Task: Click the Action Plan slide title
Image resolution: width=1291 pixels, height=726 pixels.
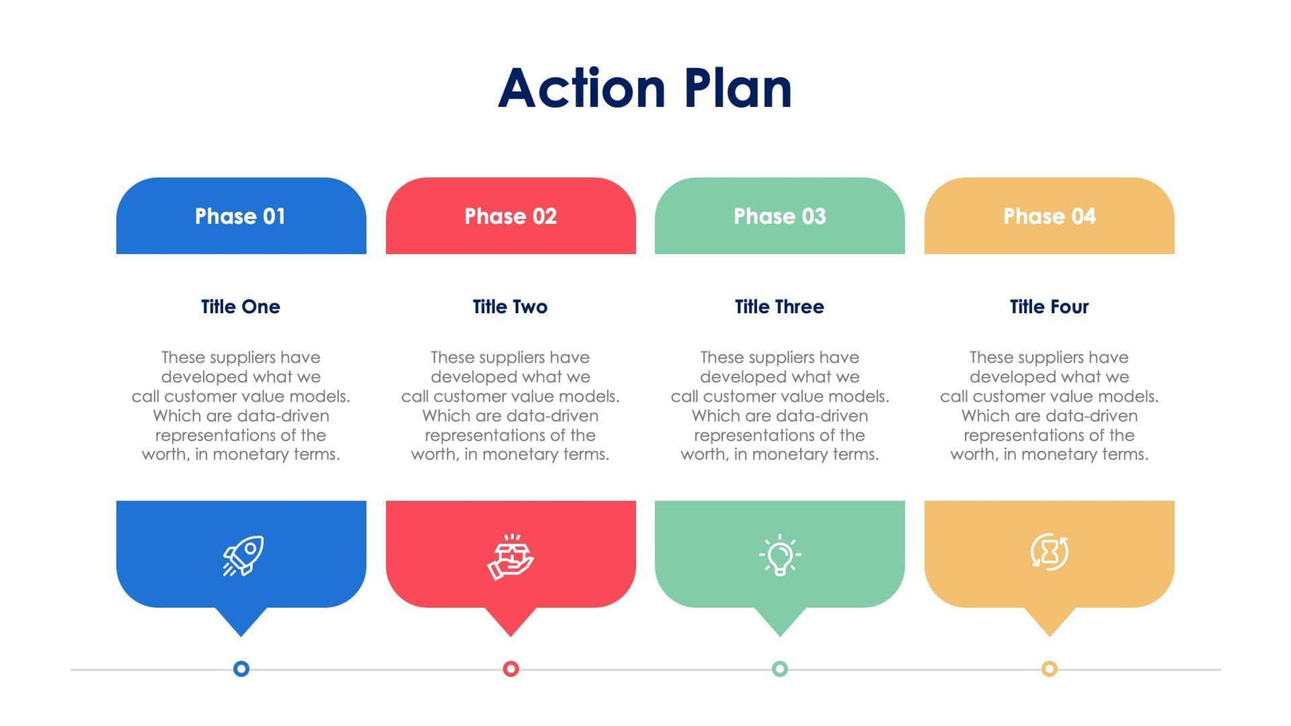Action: point(645,88)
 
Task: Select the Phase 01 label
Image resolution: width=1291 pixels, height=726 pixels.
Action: point(240,216)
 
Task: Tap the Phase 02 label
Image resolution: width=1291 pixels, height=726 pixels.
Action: point(510,216)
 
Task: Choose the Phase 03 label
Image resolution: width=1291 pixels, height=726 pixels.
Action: point(779,216)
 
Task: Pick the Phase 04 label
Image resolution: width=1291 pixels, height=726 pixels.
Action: point(1049,216)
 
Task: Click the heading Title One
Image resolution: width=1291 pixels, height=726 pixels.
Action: point(240,307)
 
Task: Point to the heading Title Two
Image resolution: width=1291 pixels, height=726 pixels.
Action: point(510,307)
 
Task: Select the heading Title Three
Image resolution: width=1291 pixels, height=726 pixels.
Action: point(779,307)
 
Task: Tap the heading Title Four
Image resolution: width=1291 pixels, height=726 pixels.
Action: point(1049,307)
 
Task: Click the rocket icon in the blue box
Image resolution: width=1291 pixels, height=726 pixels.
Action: point(243,555)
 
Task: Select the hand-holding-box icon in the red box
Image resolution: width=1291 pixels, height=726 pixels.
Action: point(511,556)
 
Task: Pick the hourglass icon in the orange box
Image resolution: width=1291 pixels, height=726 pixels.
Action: point(1050,551)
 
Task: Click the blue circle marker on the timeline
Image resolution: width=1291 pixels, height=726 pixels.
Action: point(241,669)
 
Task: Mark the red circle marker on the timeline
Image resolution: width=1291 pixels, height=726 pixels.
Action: point(511,669)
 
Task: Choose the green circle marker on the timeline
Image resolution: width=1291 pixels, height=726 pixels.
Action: point(780,669)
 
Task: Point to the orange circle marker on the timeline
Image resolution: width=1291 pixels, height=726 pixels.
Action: point(1050,669)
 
